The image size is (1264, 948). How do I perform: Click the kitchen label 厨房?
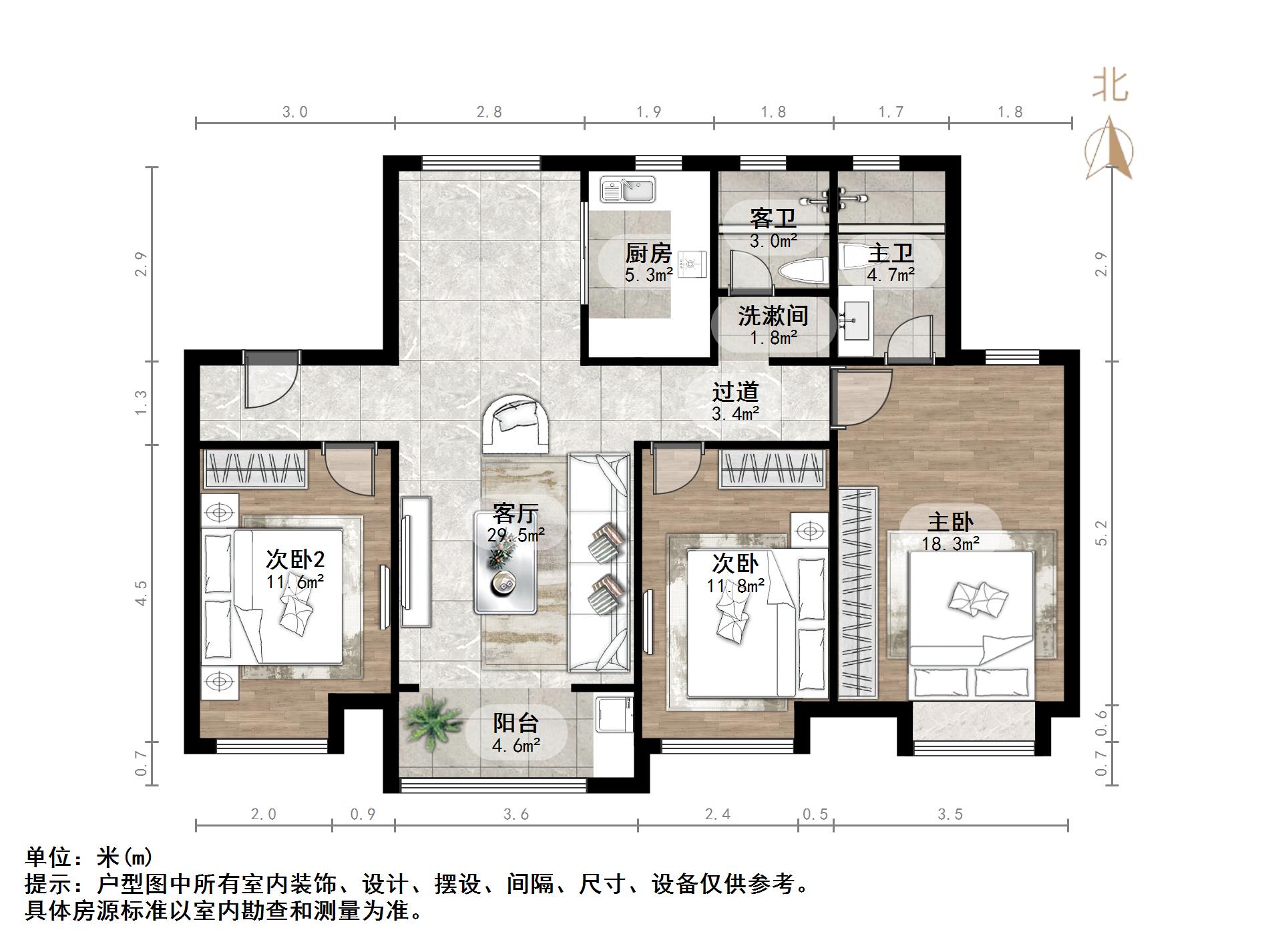click(648, 253)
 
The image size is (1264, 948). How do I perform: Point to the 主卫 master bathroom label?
click(890, 254)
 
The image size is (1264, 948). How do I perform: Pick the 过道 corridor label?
click(735, 393)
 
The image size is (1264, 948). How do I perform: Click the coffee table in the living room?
click(505, 562)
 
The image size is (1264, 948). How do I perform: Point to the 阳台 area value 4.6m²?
click(515, 745)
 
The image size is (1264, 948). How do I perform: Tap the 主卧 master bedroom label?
click(950, 522)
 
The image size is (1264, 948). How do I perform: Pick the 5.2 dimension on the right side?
click(1101, 532)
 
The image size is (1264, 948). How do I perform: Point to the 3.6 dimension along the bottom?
click(515, 814)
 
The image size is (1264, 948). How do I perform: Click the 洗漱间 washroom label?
click(773, 315)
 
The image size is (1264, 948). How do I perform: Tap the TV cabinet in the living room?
click(416, 561)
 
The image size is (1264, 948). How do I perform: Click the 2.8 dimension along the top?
click(489, 111)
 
